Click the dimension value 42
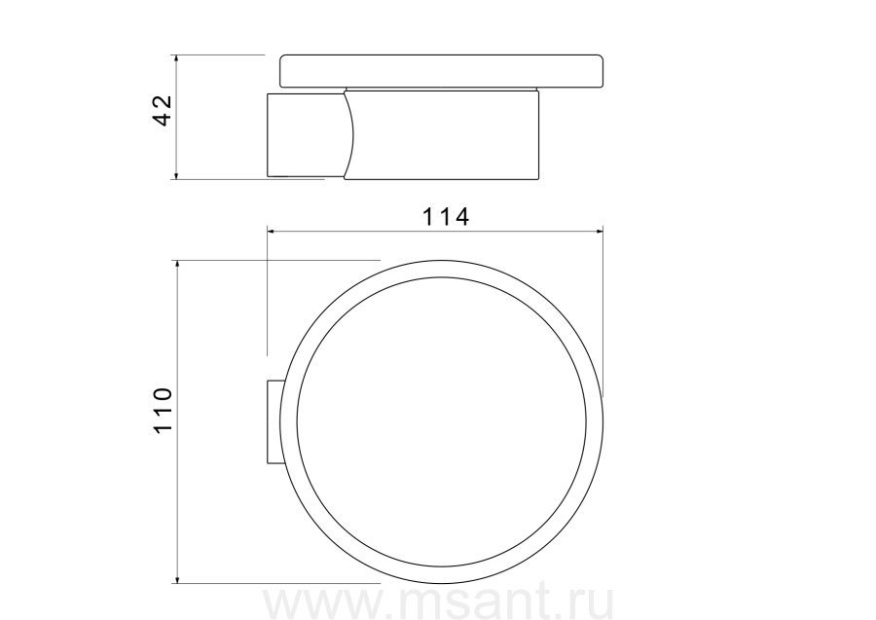[x=163, y=110]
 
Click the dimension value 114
[x=445, y=217]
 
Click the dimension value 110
[x=163, y=410]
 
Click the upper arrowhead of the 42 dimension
[x=176, y=59]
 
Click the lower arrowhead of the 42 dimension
[x=176, y=175]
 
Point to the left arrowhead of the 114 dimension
[x=272, y=231]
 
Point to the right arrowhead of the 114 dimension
[x=599, y=231]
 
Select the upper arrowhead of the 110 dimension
[x=177, y=265]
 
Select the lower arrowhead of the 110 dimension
[x=177, y=579]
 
